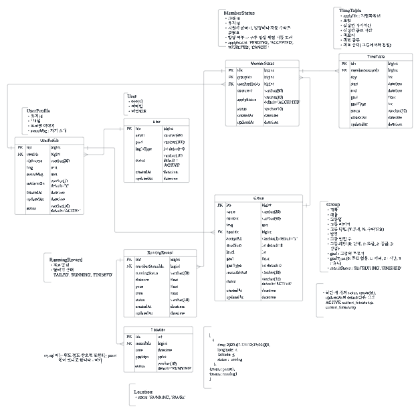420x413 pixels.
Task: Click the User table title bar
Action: click(156, 122)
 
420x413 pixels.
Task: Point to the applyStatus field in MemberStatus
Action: click(247, 99)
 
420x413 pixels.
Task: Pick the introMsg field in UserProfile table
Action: click(35, 173)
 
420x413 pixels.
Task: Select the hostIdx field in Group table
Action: click(235, 231)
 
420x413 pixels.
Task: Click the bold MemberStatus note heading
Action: click(239, 12)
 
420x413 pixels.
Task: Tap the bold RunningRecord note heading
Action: click(70, 259)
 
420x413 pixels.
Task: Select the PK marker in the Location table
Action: click(130, 336)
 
